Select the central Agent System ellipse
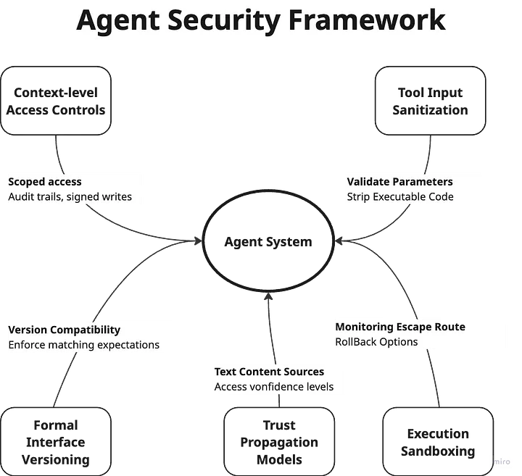268,242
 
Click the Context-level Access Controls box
56,101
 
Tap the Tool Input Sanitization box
430,101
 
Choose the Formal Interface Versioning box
56,442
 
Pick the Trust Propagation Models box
279,442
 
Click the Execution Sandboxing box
438,442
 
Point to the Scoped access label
45,182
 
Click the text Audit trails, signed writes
70,196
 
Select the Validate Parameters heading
399,182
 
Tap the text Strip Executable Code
400,196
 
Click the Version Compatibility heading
65,330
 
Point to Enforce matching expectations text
84,345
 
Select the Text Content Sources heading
269,372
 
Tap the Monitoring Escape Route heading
400,327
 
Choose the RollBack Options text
376,341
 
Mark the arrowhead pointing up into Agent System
268,296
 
